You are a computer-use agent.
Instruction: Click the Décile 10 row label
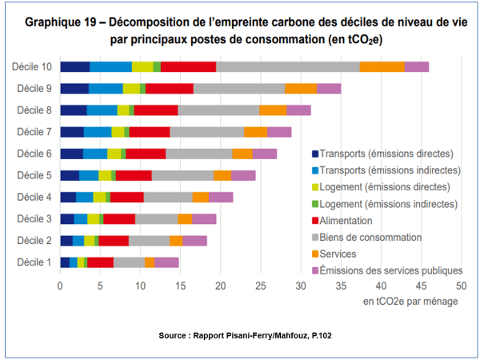32,66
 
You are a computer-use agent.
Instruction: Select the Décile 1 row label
34,262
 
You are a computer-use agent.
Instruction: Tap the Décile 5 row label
34,174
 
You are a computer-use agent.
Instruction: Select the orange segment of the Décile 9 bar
300,88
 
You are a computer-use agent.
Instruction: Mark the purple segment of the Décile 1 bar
166,262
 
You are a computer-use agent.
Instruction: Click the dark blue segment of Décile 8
74,110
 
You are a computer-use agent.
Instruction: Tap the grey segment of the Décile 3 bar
156,218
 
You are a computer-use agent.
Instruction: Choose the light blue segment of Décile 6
95,154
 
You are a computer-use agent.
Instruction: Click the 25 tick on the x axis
261,285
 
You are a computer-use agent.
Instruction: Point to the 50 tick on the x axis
461,285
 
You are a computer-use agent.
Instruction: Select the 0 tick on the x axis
60,285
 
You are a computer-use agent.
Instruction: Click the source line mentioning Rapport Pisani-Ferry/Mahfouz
240,335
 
